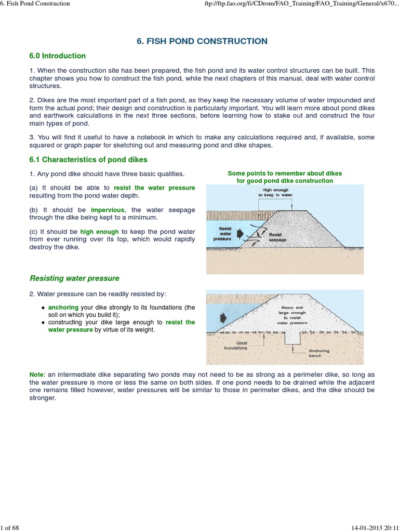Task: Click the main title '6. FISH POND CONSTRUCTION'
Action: [202, 41]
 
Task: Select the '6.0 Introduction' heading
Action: [57, 56]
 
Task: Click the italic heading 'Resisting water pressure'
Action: [74, 278]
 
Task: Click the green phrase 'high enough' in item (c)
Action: [99, 231]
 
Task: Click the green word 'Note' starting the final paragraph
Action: [36, 375]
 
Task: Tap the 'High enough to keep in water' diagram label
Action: [278, 193]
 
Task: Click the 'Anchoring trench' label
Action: [318, 353]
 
